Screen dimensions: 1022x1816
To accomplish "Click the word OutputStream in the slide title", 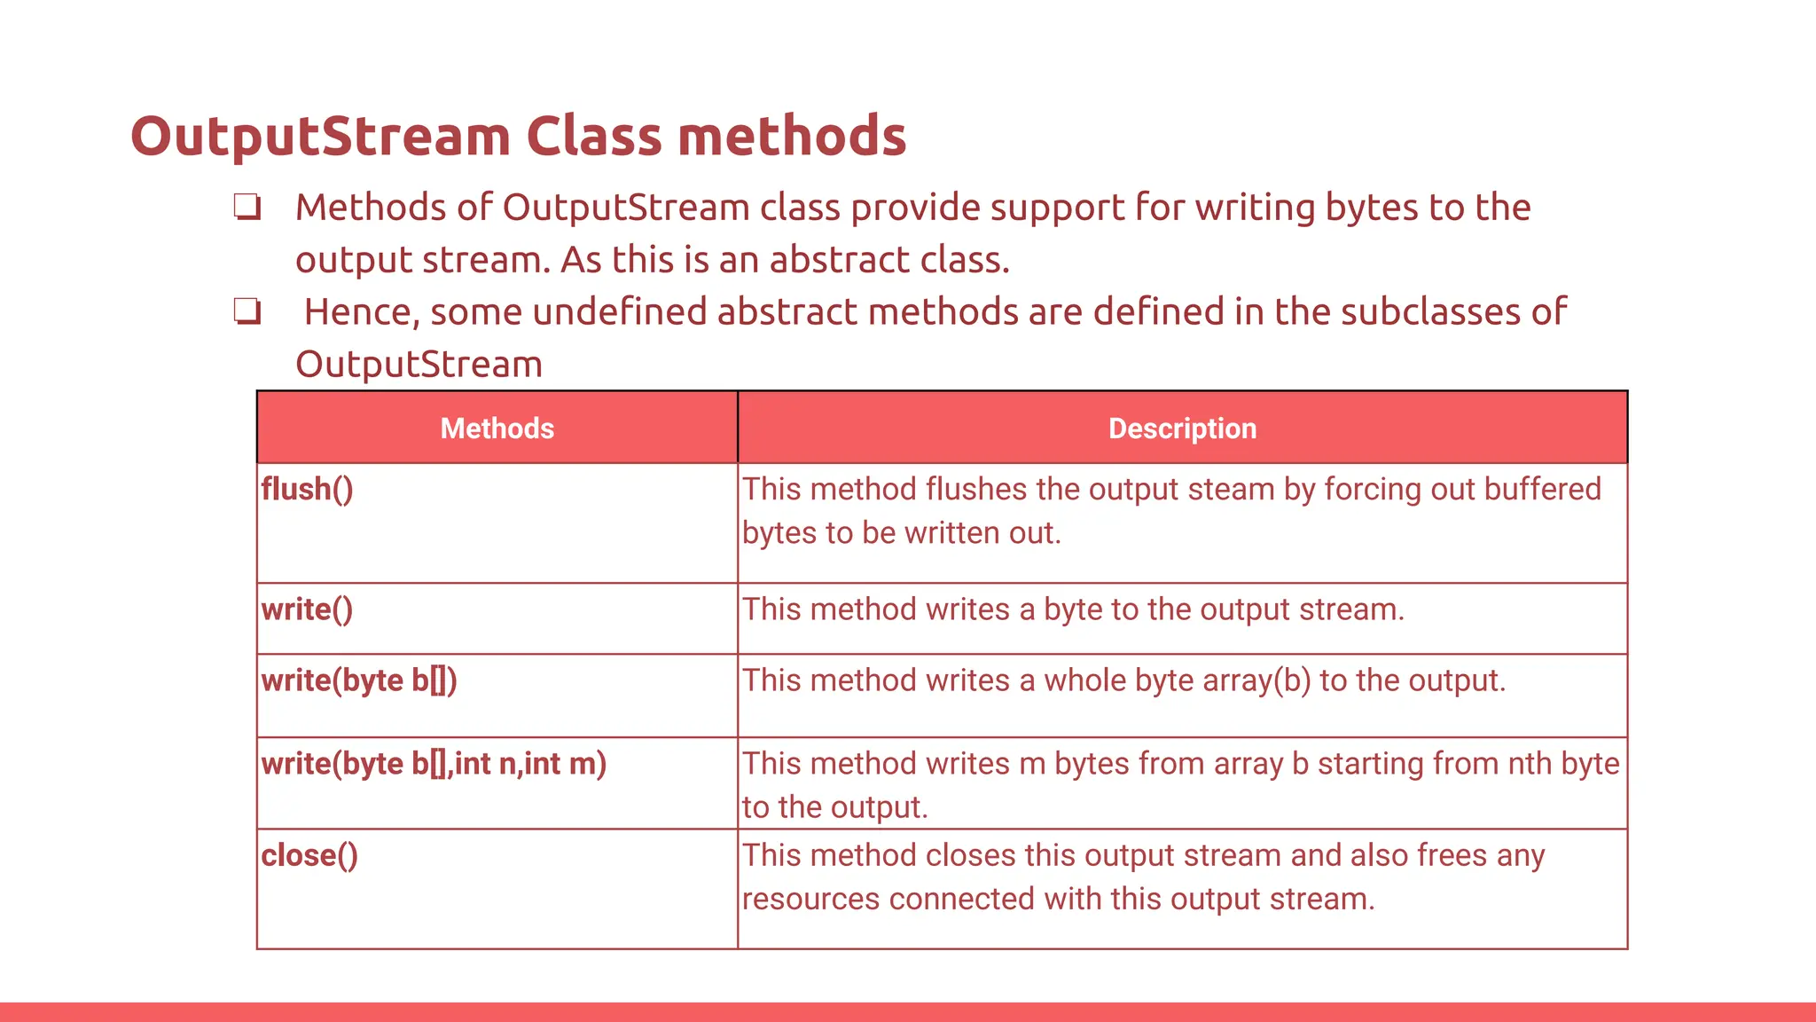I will click(x=320, y=137).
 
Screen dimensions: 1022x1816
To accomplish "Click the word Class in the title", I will click(x=594, y=137).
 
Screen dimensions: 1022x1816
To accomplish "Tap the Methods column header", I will click(x=497, y=428).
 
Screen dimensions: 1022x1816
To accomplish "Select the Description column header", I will click(x=1182, y=428).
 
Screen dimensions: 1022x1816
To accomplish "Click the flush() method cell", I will click(x=307, y=490).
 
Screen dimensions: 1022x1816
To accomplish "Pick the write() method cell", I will click(x=307, y=610).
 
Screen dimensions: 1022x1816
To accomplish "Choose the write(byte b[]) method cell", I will click(x=359, y=681).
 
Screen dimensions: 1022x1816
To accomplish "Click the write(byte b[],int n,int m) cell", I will click(x=434, y=764).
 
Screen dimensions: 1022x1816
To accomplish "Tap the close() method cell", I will click(x=309, y=856).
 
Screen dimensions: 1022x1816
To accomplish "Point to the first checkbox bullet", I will click(x=247, y=208).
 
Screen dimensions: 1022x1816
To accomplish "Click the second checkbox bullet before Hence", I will click(x=247, y=312).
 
